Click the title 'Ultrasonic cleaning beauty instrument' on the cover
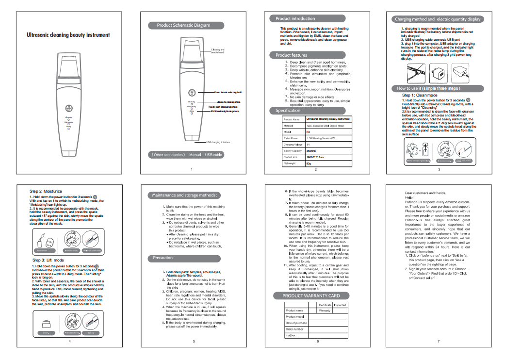click(68, 35)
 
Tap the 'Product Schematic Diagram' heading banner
click(183, 25)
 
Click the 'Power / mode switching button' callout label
click(228, 92)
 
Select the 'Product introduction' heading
click(295, 19)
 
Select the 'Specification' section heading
click(288, 111)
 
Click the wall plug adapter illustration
click(435, 74)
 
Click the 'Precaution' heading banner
click(163, 258)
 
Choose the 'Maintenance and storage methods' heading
click(184, 195)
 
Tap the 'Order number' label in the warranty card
click(294, 329)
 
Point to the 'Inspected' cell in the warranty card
click(340, 305)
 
